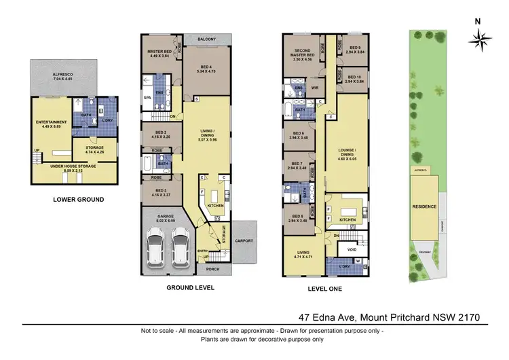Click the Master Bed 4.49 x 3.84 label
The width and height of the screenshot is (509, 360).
coord(161,54)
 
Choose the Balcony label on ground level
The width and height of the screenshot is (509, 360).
coord(206,39)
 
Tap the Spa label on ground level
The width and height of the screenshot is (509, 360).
coord(147,98)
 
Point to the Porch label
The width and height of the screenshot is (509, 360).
coord(212,269)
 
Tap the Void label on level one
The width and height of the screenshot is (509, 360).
coord(351,249)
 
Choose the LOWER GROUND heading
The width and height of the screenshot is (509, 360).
coord(78,200)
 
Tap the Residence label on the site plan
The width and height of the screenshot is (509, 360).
coord(424,206)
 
